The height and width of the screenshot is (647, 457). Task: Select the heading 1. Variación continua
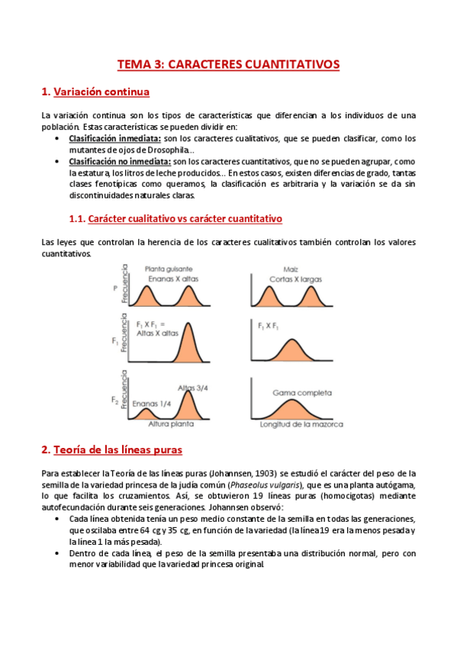(95, 93)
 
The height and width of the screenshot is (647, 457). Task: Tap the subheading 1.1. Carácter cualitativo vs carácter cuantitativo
(175, 219)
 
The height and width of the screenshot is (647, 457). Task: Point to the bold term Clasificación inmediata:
(115, 138)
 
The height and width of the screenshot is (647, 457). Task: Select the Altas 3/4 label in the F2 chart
(193, 388)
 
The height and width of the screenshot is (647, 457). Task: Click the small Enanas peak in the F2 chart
(145, 412)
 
